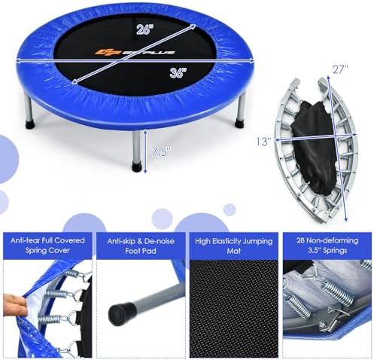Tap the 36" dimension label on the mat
[178, 74]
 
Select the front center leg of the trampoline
[138, 147]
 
